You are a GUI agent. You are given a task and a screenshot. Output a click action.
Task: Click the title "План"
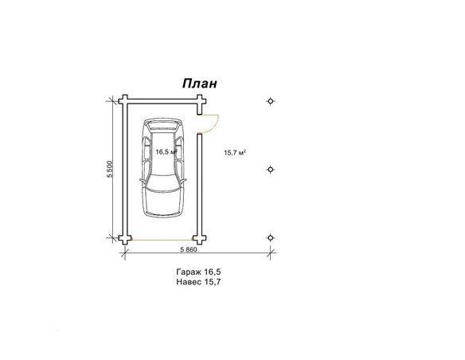200,84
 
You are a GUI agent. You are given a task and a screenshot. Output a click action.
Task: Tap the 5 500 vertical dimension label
111,170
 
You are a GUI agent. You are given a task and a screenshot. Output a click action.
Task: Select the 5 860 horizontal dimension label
189,249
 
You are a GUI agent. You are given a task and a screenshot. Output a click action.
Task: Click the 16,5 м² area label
166,152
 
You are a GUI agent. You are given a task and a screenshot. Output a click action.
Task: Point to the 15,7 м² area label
235,153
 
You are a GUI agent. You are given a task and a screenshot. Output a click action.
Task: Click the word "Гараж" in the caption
188,272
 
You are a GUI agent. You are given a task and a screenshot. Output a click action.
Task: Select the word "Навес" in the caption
189,282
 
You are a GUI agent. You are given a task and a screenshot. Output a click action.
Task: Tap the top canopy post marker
271,101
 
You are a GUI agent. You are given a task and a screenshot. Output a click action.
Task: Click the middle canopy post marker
271,170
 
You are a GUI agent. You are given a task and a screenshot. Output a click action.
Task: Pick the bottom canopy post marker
271,238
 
